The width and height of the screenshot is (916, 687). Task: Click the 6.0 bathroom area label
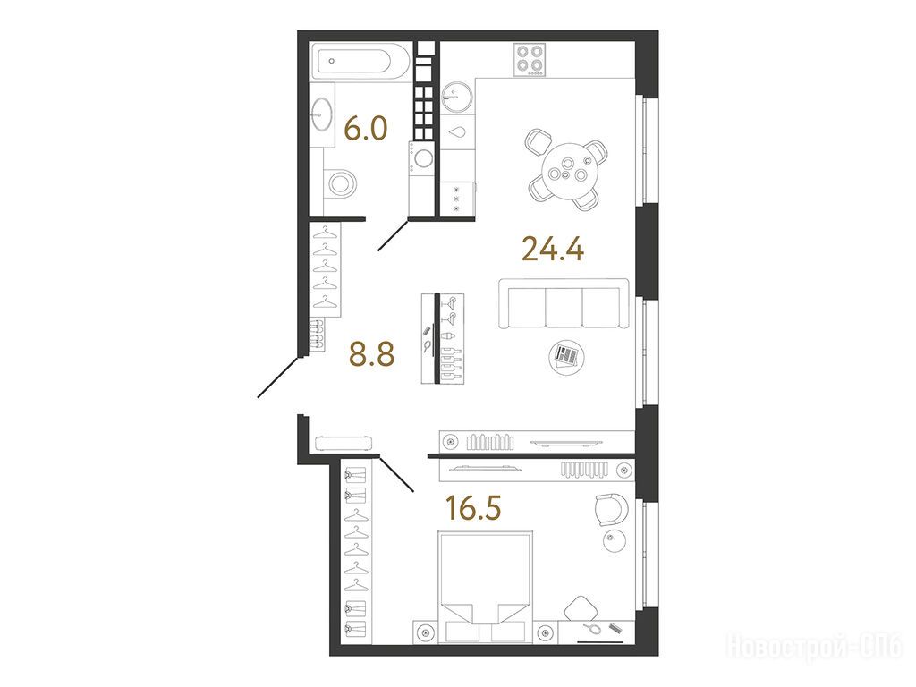[x=366, y=128]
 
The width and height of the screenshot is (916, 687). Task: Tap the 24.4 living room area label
[x=553, y=249]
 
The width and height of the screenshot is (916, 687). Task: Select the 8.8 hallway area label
[x=371, y=353]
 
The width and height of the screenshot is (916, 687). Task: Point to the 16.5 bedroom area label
[x=473, y=507]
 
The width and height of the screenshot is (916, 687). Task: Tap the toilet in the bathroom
[x=342, y=182]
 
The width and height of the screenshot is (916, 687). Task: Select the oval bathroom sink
[x=322, y=114]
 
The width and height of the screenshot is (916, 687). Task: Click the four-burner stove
[x=530, y=60]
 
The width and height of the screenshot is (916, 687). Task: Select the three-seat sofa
[x=564, y=303]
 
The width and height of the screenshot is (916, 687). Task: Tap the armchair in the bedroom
[x=611, y=510]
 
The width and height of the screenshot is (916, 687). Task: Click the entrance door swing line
[x=279, y=377]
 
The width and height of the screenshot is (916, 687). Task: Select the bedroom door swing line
[x=396, y=472]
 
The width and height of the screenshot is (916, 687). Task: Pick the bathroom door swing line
[x=394, y=234]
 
